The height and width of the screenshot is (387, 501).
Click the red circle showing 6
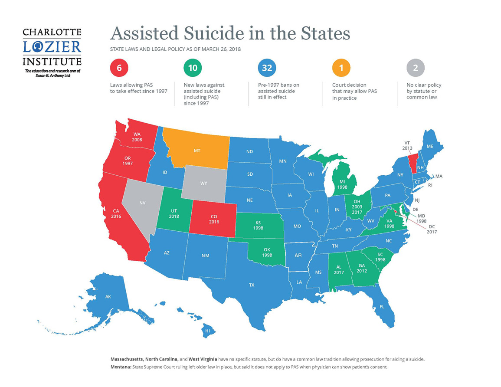click(119, 68)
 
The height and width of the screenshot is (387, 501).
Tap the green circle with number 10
click(192, 68)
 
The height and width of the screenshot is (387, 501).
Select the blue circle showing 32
click(266, 68)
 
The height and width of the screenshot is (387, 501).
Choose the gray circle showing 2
click(415, 68)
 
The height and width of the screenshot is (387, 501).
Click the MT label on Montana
click(197, 151)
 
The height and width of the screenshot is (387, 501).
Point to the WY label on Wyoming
click(203, 183)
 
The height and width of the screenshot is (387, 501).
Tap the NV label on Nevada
click(142, 203)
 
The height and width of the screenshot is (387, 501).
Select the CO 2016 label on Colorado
click(214, 219)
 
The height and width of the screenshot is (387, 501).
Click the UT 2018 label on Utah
click(174, 213)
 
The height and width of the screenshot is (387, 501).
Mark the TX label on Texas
click(251, 285)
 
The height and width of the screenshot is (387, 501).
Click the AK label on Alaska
click(108, 297)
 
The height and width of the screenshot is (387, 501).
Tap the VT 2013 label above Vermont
click(407, 145)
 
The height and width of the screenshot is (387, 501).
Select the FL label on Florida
click(382, 306)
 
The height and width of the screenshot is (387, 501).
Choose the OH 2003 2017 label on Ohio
click(357, 207)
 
